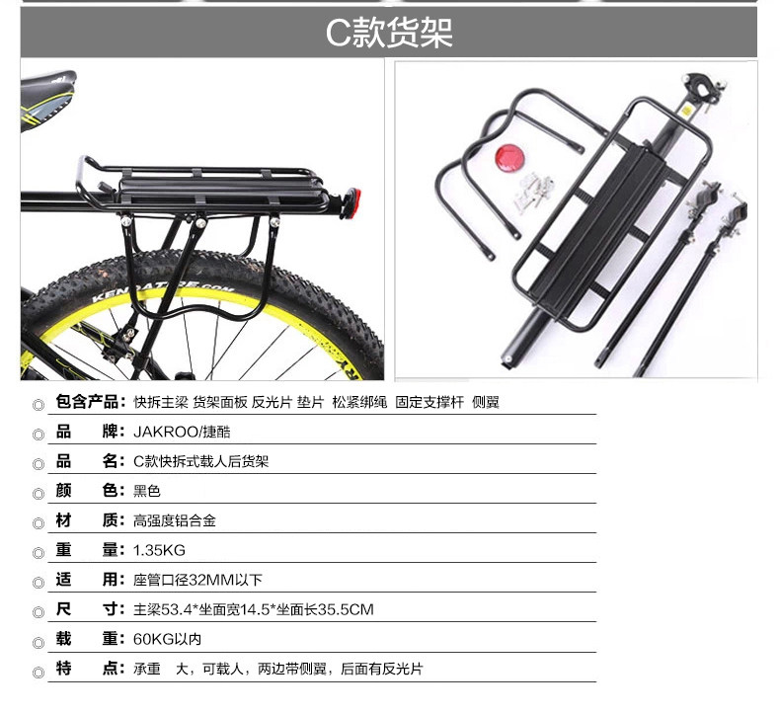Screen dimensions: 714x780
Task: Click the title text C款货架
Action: [389, 33]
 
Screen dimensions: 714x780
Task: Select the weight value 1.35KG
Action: [159, 549]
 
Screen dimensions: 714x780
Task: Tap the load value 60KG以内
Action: [167, 639]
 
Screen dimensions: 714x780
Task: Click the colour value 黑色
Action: [146, 490]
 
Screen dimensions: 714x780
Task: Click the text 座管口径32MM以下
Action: [196, 580]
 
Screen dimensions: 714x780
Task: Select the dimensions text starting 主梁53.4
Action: [253, 609]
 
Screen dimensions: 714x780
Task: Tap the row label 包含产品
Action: [90, 402]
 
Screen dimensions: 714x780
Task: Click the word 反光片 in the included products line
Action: [268, 402]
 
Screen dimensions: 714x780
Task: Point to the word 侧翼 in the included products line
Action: [486, 402]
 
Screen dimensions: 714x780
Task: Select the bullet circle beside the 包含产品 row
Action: [39, 405]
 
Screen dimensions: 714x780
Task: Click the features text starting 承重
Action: [276, 669]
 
